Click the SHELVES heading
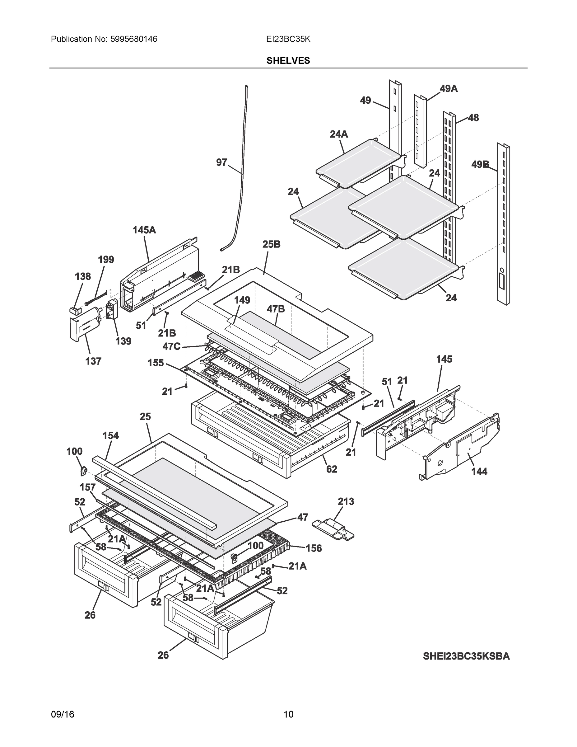[x=288, y=61]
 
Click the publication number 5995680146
[x=133, y=39]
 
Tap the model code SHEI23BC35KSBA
[x=466, y=656]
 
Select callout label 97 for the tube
[x=221, y=162]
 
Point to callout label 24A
[x=338, y=134]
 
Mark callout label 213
[x=346, y=501]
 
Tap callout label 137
[x=93, y=361]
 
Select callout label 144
[x=479, y=471]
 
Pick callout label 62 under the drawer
[x=332, y=469]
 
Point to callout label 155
[x=156, y=363]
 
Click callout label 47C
[x=171, y=346]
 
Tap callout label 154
[x=111, y=435]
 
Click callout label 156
[x=314, y=548]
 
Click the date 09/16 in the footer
[x=63, y=714]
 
